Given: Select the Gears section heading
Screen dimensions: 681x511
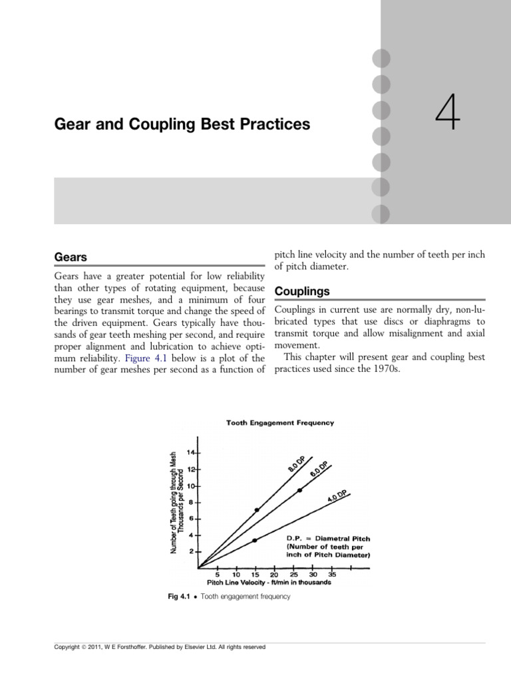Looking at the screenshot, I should [71, 257].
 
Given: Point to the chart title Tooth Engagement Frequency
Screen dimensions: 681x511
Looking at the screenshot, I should [280, 422].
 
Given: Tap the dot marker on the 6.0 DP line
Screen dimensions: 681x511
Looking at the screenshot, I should [299, 490].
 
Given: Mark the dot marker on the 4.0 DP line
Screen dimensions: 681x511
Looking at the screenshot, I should [255, 540].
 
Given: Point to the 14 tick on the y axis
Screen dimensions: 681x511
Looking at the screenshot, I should [192, 452].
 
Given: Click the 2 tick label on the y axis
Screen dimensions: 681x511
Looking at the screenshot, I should [192, 551].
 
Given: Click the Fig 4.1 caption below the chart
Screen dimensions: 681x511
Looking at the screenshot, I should [229, 597].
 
